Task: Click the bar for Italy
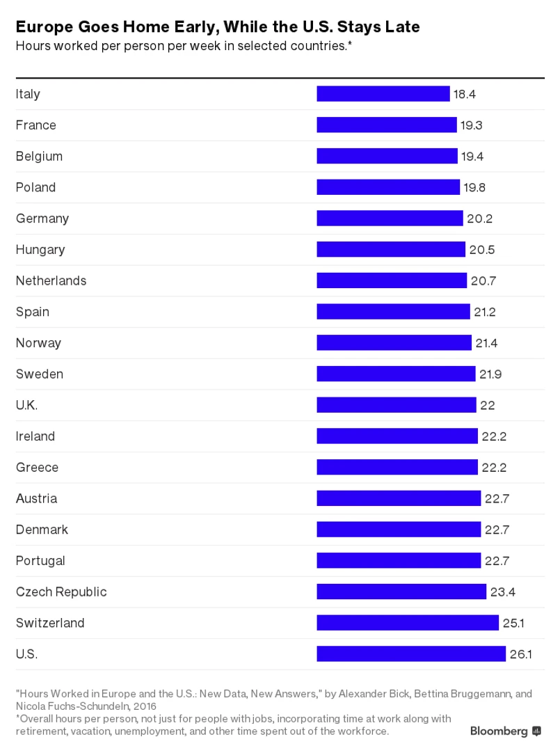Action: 383,94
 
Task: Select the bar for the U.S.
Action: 410,654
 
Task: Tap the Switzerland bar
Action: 407,623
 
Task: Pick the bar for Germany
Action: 390,219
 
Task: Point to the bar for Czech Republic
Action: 401,592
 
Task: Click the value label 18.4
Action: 465,94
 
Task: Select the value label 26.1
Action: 520,654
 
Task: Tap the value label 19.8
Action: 474,187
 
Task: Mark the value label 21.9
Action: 490,374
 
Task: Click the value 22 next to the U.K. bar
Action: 487,405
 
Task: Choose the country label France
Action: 36,125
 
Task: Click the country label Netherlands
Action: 51,280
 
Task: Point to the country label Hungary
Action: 40,250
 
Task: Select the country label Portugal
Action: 40,561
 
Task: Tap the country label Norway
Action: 38,343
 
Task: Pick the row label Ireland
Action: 35,436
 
